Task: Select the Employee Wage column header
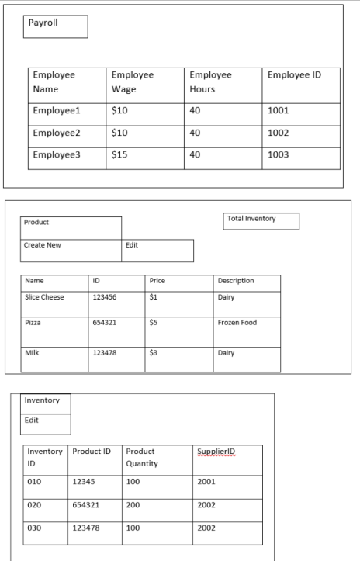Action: pos(145,82)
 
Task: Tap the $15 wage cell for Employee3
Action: pos(145,155)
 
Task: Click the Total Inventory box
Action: pos(261,220)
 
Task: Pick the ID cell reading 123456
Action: pos(115,298)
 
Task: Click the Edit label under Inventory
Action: pos(47,423)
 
